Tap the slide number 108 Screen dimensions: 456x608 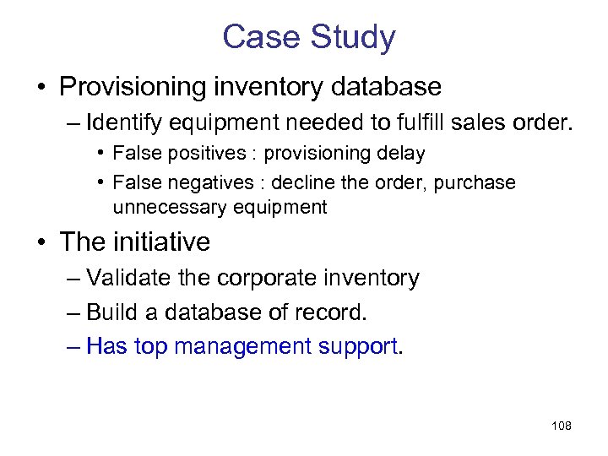click(561, 426)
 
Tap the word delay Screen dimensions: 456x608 click(401, 154)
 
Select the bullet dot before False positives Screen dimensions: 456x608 click(100, 154)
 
